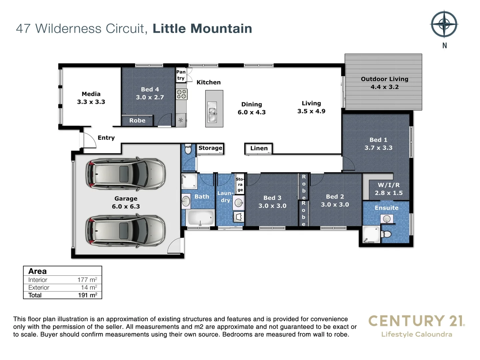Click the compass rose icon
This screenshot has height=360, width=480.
444,24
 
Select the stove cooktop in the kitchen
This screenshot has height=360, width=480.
182,94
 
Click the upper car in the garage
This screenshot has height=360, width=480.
126,173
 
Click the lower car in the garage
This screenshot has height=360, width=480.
126,231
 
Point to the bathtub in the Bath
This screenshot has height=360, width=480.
201,218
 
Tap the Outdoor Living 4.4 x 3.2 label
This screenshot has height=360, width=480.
384,83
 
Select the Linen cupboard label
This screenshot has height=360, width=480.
259,148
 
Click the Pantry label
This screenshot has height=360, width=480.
181,75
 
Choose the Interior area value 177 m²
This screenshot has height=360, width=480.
87,280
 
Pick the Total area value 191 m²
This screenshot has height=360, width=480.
87,295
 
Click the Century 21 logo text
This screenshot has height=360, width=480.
416,321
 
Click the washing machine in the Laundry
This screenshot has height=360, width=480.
239,217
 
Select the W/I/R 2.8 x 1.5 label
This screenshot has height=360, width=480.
388,189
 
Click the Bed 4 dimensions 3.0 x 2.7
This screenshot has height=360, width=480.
150,97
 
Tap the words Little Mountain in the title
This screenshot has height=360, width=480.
202,29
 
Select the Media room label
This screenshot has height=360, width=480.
91,98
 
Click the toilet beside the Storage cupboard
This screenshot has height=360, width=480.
188,150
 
